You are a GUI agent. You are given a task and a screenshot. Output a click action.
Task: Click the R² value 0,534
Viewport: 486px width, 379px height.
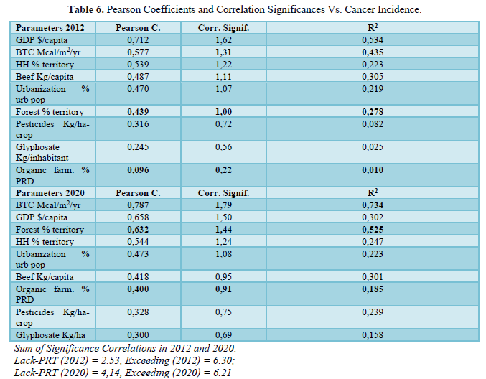[373, 40]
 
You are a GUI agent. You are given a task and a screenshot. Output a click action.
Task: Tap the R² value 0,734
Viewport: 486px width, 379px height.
[373, 205]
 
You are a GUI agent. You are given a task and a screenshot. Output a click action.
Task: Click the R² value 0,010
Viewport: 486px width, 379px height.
[373, 170]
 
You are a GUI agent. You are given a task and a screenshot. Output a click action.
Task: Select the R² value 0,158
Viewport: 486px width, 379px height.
[373, 335]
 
